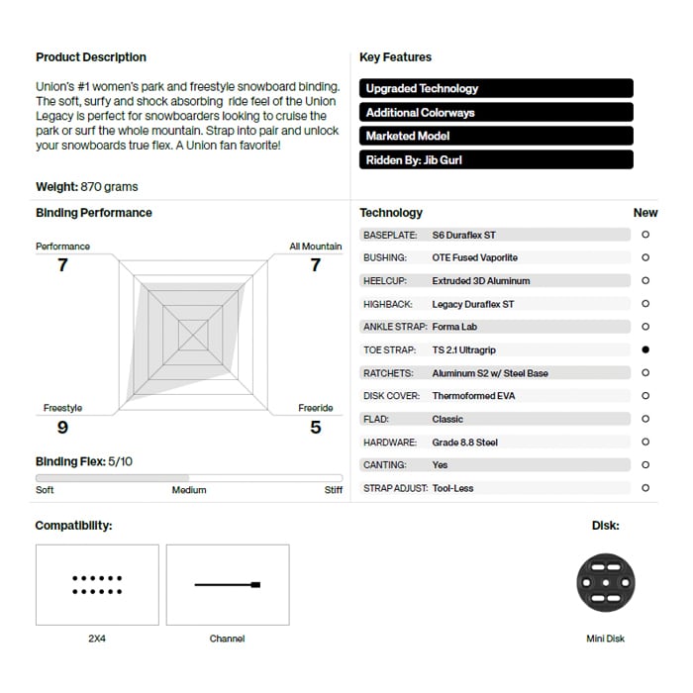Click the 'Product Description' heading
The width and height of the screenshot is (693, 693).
(91, 57)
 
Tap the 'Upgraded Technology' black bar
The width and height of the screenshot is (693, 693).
(496, 88)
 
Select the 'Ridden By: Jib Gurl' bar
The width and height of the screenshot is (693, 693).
(496, 159)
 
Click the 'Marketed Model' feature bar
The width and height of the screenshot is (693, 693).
(496, 136)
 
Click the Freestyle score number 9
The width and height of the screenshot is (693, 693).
(62, 428)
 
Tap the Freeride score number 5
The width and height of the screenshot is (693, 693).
(316, 428)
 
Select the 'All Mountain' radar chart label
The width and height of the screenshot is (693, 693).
(315, 247)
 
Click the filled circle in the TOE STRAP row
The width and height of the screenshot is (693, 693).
(645, 350)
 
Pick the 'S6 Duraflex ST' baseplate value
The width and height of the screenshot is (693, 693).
(464, 236)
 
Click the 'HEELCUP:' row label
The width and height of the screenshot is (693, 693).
(385, 281)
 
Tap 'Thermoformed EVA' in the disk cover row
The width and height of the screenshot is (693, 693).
(473, 396)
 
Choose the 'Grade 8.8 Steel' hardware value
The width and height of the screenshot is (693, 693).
(465, 443)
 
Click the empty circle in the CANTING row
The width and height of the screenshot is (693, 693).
(645, 465)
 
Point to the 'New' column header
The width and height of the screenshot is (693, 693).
(645, 213)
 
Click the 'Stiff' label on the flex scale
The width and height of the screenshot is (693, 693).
(334, 490)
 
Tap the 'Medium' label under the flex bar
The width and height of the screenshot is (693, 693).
(189, 490)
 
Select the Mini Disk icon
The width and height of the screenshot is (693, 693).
(605, 584)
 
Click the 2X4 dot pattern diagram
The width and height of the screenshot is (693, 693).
(97, 584)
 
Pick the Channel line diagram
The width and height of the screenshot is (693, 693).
(228, 584)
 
